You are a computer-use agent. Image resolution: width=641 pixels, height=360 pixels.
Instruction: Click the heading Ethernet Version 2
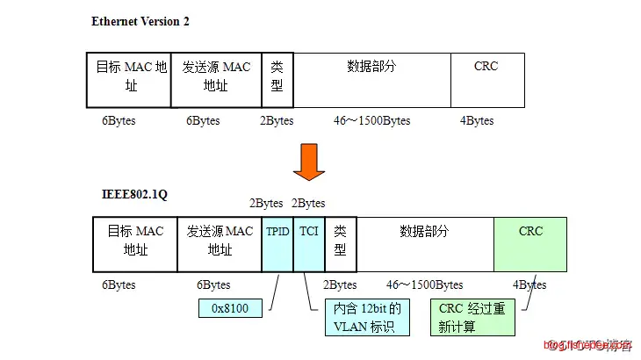click(140, 21)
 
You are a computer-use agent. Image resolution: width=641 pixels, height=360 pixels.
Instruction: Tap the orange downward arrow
click(308, 161)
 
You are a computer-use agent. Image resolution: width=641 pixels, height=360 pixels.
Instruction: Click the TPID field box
click(277, 243)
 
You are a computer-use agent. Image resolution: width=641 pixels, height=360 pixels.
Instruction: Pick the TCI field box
click(308, 243)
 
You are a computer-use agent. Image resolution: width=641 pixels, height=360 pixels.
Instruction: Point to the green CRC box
click(529, 243)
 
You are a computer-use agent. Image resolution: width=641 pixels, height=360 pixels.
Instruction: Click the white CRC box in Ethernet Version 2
click(486, 79)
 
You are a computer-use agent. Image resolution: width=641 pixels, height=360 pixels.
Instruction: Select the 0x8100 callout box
click(231, 309)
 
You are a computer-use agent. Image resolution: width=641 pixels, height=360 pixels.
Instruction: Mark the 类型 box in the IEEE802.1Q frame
click(341, 243)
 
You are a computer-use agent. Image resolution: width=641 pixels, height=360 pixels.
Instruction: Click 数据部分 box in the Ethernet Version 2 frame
click(371, 79)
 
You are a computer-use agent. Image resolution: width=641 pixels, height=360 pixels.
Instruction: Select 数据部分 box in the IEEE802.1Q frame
click(425, 243)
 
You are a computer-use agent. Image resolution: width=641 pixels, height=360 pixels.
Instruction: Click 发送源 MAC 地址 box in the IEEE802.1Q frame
click(220, 243)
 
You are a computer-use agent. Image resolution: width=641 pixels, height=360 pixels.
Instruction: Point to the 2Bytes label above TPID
click(265, 203)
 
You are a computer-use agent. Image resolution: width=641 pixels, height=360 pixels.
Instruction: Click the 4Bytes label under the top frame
click(477, 120)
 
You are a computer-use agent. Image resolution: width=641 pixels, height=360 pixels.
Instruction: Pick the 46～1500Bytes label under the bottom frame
click(424, 284)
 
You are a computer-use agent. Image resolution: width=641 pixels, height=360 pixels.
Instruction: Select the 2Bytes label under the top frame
click(277, 120)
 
